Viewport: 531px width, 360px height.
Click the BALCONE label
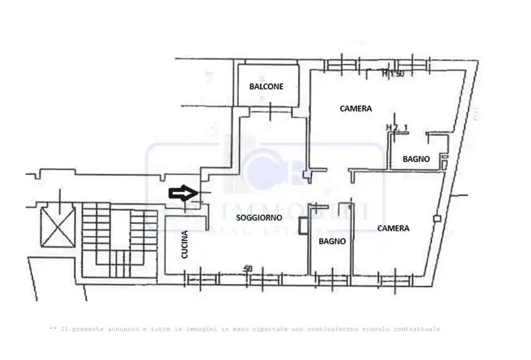click(x=266, y=86)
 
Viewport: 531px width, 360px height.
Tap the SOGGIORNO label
click(x=259, y=218)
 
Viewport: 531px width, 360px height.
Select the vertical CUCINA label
click(x=185, y=244)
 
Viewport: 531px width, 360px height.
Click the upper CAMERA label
click(x=356, y=109)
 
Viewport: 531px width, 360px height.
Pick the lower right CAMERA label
click(x=393, y=228)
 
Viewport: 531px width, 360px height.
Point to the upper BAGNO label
click(x=416, y=159)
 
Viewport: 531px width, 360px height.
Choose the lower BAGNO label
click(x=332, y=241)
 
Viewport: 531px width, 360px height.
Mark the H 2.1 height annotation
click(x=397, y=127)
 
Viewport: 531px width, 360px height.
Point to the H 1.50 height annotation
click(x=393, y=73)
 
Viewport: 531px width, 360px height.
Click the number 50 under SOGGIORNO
click(x=248, y=268)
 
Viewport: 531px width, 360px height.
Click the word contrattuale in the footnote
click(x=418, y=329)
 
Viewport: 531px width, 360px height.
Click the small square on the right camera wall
click(x=437, y=218)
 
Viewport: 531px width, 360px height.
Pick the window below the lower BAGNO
click(x=332, y=279)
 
